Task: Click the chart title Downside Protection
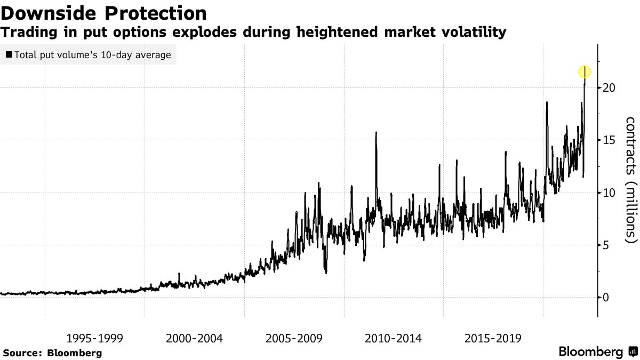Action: click(103, 13)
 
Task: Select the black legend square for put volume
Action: click(9, 55)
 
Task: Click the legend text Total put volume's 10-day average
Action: click(93, 55)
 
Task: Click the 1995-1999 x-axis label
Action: click(95, 338)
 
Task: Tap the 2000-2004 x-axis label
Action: click(194, 338)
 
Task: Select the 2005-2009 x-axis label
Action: click(294, 338)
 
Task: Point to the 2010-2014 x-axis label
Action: click(394, 338)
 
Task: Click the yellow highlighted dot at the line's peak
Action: click(585, 71)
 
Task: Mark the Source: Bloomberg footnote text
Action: click(52, 353)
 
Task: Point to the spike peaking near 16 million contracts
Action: click(376, 133)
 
